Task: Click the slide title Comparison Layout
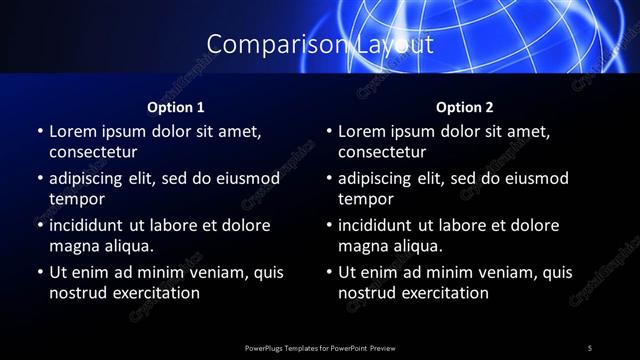point(319,45)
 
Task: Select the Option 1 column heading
point(176,107)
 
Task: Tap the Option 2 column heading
point(465,107)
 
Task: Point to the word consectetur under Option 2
point(382,152)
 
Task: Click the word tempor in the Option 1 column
point(77,199)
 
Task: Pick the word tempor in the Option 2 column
point(366,199)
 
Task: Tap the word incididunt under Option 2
point(384,225)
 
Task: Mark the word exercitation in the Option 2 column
point(444,293)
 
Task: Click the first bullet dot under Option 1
point(40,131)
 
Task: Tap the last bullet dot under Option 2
point(329,272)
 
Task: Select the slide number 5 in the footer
point(590,347)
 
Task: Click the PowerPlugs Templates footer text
point(319,347)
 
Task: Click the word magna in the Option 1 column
point(72,246)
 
